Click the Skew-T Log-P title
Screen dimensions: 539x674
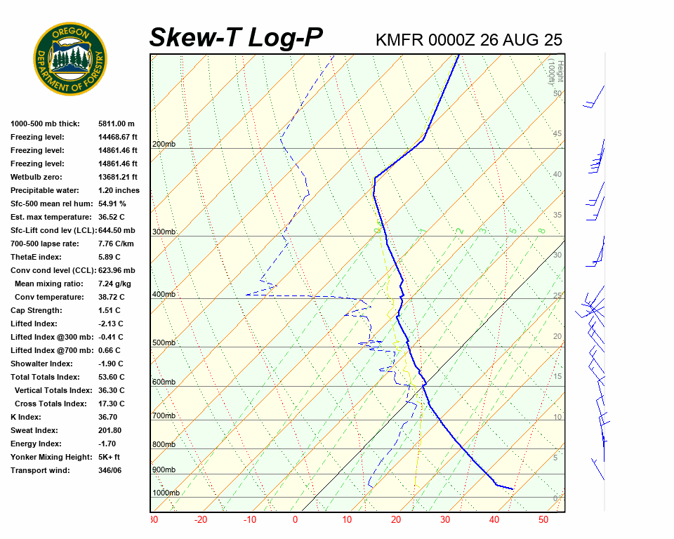click(x=236, y=38)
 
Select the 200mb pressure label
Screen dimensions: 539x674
click(x=164, y=145)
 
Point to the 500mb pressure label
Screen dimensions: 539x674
click(x=164, y=343)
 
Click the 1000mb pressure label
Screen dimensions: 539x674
click(x=166, y=493)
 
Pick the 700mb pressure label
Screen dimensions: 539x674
click(x=164, y=416)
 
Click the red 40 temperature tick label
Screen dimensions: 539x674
click(x=494, y=520)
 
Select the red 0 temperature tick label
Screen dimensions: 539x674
click(x=295, y=520)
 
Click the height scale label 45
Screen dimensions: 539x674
click(x=557, y=134)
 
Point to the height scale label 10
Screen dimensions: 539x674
click(x=557, y=418)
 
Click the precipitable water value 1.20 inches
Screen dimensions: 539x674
click(x=119, y=190)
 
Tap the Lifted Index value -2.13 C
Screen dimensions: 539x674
click(x=111, y=324)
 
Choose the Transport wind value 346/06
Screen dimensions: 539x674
click(x=110, y=470)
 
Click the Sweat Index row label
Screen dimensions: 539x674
click(x=34, y=430)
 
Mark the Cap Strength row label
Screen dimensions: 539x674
click(x=37, y=310)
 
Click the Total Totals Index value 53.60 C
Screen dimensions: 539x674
click(x=111, y=377)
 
